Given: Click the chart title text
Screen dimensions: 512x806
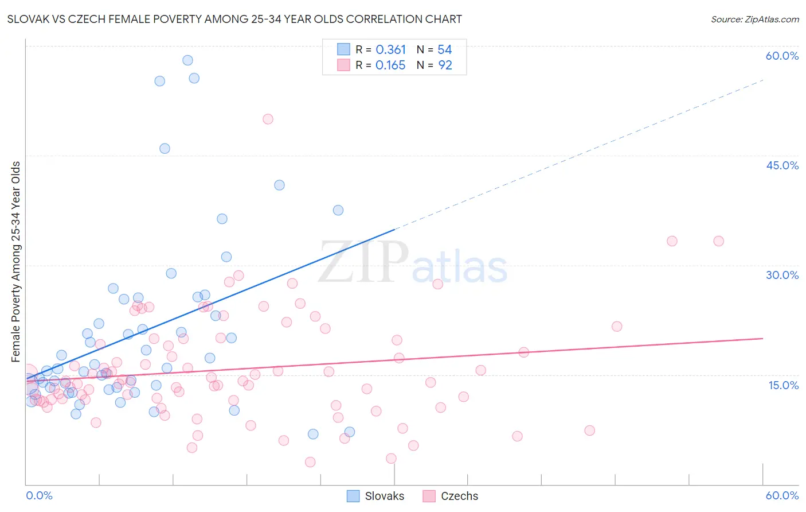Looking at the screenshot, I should point(234,20).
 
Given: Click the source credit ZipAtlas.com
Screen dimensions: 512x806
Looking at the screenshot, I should point(754,20).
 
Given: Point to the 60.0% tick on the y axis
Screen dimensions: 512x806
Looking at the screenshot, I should point(782,56).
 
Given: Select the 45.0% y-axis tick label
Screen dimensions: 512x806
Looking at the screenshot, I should point(782,165).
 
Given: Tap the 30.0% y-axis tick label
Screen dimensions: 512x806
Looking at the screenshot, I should point(782,275).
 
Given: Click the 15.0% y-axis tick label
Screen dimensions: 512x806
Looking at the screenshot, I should point(783,385).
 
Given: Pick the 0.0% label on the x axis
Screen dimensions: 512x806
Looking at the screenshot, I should point(39,495).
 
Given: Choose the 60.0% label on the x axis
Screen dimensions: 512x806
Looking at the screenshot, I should point(782,495).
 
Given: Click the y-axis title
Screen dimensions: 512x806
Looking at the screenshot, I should point(16,262).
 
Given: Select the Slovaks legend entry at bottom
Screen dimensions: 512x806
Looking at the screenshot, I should point(376,496).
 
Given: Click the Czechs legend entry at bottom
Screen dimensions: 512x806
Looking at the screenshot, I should point(451,496).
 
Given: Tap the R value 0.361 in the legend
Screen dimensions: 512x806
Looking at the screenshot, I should point(390,50).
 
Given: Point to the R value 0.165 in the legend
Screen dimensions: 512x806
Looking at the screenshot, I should point(390,65).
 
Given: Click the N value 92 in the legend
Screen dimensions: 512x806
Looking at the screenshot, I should point(445,65).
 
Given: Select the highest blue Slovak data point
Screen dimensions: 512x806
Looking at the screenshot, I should point(187,60).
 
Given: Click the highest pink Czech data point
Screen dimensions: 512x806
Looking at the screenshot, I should point(268,119).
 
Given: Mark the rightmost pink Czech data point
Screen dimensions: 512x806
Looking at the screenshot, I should point(718,241).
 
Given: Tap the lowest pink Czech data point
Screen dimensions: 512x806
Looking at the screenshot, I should point(310,462).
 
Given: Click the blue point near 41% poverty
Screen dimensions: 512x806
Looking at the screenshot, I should point(279,185).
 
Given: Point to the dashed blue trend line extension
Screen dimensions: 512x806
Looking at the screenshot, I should point(579,154).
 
